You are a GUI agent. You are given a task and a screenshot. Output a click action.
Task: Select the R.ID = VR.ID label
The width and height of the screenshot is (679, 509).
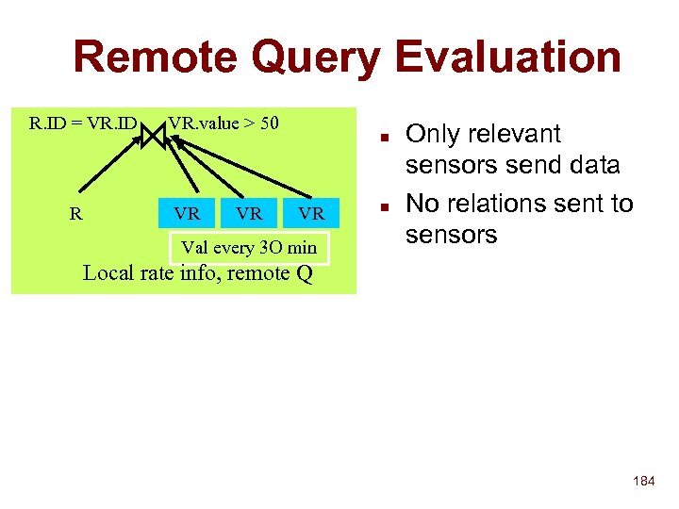pos(83,123)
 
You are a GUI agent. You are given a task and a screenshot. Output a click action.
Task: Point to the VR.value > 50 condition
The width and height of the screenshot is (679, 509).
pos(224,123)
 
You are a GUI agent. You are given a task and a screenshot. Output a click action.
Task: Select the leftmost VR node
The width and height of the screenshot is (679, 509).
pos(187,214)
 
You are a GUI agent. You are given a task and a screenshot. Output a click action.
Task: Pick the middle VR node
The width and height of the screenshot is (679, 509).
pos(249,214)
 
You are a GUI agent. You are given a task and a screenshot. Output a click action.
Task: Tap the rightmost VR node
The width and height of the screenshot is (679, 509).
pos(311,214)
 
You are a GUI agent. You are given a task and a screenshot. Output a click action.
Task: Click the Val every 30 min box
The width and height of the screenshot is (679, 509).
pos(249,248)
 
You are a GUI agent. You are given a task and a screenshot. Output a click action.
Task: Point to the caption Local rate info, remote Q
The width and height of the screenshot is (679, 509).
pos(198,274)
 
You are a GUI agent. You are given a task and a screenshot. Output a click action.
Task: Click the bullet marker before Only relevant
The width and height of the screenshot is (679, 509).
pos(385,135)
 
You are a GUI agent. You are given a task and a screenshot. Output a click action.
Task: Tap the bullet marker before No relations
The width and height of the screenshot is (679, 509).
pos(385,205)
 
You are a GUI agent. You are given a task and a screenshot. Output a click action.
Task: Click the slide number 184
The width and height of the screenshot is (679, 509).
pos(643,482)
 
